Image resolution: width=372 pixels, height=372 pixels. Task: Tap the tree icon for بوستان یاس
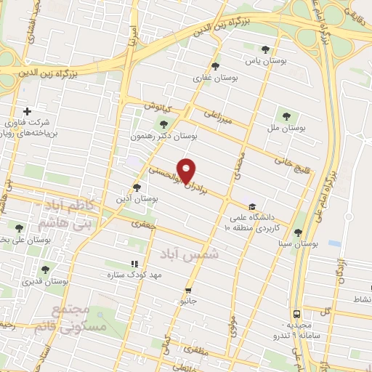265,50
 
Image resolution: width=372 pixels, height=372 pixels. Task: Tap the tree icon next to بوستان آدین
137,187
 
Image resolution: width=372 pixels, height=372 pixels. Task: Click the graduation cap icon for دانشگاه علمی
252,206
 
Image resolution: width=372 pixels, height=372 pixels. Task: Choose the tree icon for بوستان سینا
298,233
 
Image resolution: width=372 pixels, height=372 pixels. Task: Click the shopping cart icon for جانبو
188,288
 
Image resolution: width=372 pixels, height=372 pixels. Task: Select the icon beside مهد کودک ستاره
133,264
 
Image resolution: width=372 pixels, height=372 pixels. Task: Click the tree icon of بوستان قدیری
45,269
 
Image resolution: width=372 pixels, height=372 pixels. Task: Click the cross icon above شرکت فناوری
27,111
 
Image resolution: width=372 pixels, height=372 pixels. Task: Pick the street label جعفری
143,225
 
